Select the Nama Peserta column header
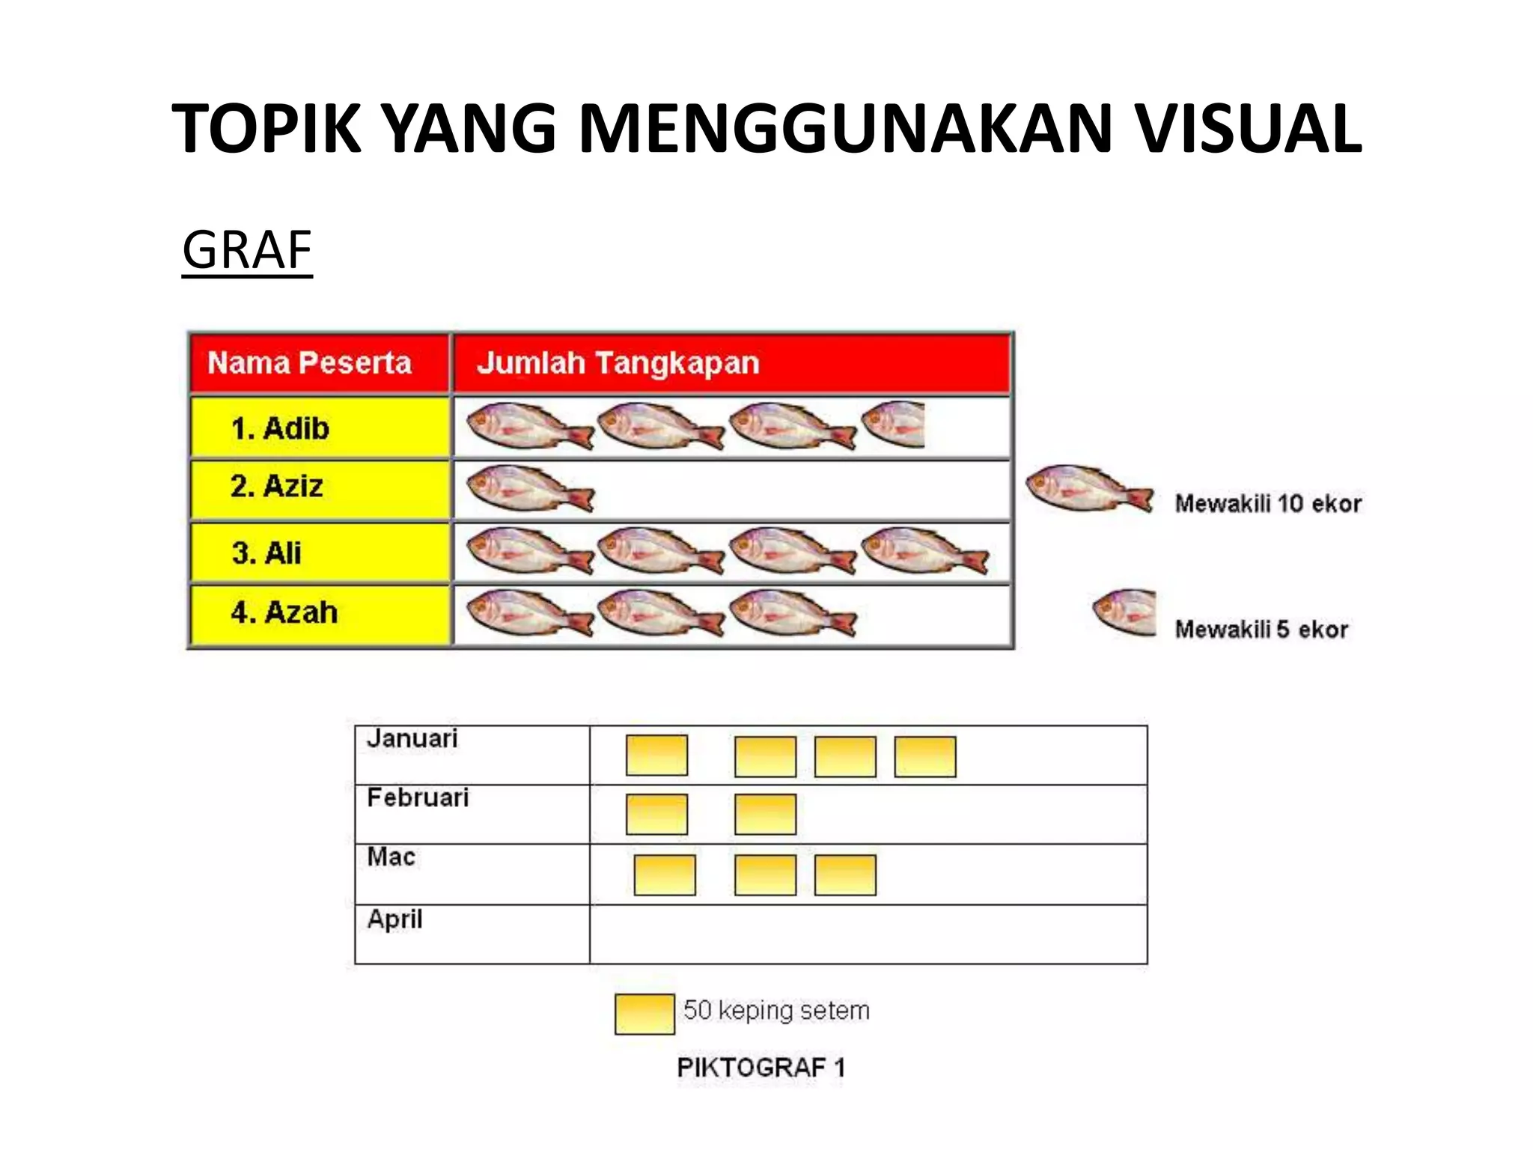[309, 363]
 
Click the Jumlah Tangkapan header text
[618, 363]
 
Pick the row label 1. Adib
[280, 429]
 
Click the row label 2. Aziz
[276, 487]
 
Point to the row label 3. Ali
[266, 553]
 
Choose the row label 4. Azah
[284, 612]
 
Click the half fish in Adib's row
[894, 425]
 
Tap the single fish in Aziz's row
[528, 489]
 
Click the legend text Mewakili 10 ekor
[1267, 504]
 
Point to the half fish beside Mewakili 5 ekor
[1125, 612]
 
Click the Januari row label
[412, 739]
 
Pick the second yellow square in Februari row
[765, 815]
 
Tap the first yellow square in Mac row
[664, 875]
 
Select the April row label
[394, 919]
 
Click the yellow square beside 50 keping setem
[644, 1014]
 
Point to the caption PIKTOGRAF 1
[761, 1068]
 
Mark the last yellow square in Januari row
[924, 756]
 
